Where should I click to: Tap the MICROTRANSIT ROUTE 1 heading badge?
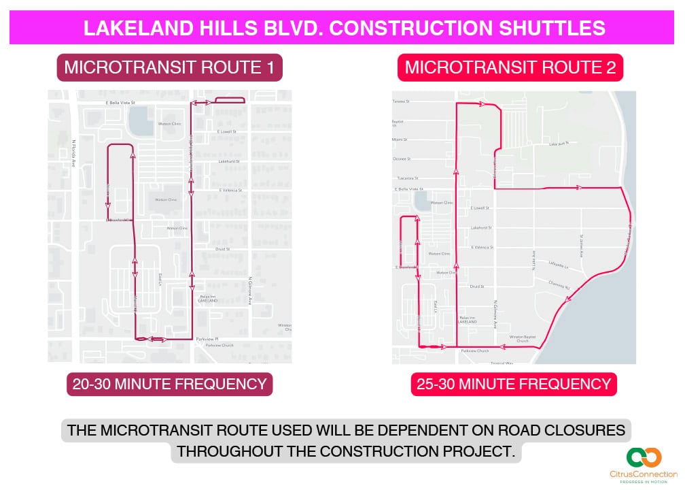pyautogui.click(x=169, y=68)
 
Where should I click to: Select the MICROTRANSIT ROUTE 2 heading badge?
pyautogui.click(x=510, y=68)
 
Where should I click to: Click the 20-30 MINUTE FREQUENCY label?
pyautogui.click(x=170, y=384)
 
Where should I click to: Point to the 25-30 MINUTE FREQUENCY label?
pyautogui.click(x=514, y=384)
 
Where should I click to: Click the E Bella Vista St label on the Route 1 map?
pyautogui.click(x=120, y=103)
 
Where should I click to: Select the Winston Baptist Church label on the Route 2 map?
pyautogui.click(x=524, y=338)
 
